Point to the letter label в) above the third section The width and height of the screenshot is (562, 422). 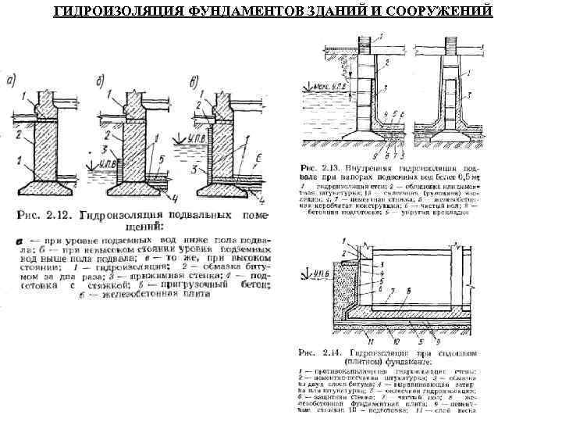[193, 81]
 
